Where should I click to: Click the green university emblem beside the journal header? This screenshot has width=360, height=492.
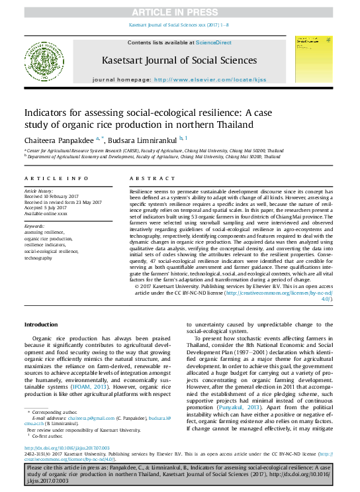(x=44, y=60)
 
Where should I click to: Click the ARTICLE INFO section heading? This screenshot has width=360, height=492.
(x=56, y=179)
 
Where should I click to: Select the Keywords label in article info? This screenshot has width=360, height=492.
(x=34, y=226)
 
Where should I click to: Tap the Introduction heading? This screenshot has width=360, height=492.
(x=41, y=324)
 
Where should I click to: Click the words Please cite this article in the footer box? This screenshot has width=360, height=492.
(x=53, y=467)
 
